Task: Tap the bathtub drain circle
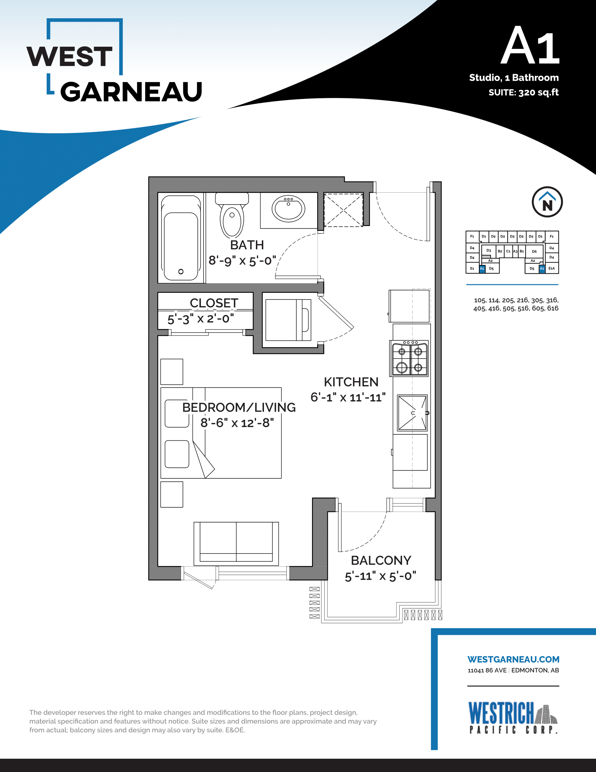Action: coord(181,272)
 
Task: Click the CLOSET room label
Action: coord(214,303)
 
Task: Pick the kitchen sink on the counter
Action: coord(412,413)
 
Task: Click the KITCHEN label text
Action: coord(351,382)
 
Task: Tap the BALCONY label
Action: coord(381,560)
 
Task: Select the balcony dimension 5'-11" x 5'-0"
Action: coord(381,576)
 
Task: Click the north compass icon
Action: coord(547,202)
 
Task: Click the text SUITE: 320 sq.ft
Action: coord(524,92)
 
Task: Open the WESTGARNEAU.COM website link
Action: coord(513,659)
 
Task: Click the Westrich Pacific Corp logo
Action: coord(513,718)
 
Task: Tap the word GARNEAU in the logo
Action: coord(131,92)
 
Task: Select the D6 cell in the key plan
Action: coord(534,251)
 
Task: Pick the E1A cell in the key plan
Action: coord(551,268)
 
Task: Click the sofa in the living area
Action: coord(236,544)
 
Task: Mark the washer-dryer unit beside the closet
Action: coord(288,320)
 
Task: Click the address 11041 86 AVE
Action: coord(487,670)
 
